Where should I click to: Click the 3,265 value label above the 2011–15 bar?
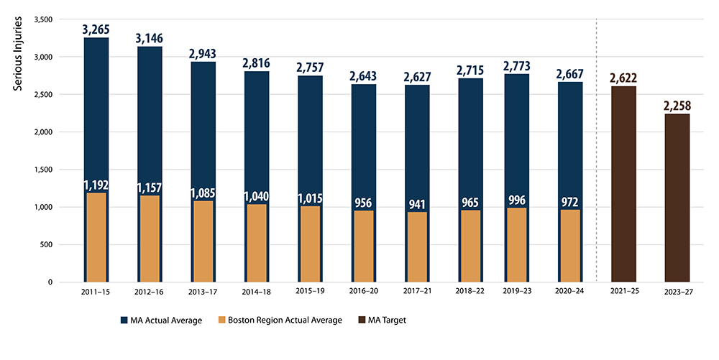tap(96, 29)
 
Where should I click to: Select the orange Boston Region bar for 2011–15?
tap(96, 237)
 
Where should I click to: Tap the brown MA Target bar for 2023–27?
tap(677, 198)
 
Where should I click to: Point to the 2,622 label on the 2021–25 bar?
tap(623, 78)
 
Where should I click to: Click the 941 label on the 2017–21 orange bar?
tap(416, 203)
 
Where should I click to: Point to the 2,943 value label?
tap(203, 54)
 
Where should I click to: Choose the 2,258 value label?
tap(677, 106)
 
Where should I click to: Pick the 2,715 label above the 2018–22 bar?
tap(470, 70)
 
